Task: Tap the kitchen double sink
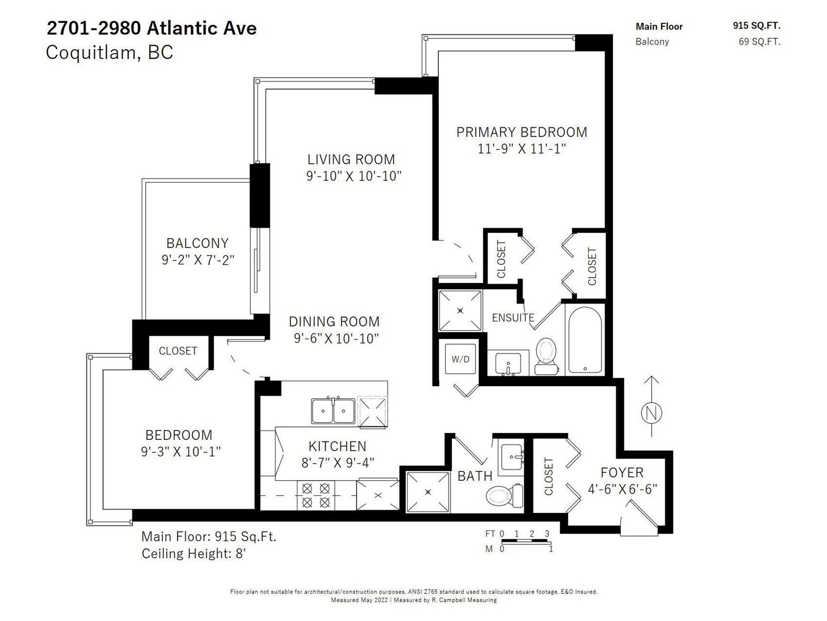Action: [333, 410]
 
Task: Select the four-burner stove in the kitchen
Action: [316, 495]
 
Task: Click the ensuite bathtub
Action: [585, 339]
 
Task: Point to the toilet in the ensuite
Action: [546, 357]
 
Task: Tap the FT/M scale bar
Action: [524, 541]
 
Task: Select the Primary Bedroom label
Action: [522, 132]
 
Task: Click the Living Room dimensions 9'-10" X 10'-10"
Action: [354, 176]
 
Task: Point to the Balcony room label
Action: [197, 243]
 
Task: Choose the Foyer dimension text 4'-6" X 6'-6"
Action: [622, 489]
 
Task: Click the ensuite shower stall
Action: [460, 310]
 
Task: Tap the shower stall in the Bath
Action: [427, 492]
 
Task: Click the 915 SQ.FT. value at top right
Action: [757, 26]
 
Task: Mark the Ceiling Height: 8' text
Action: [194, 554]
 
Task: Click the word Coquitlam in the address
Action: [91, 52]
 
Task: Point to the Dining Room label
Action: [334, 321]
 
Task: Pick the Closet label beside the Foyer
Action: [548, 476]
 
